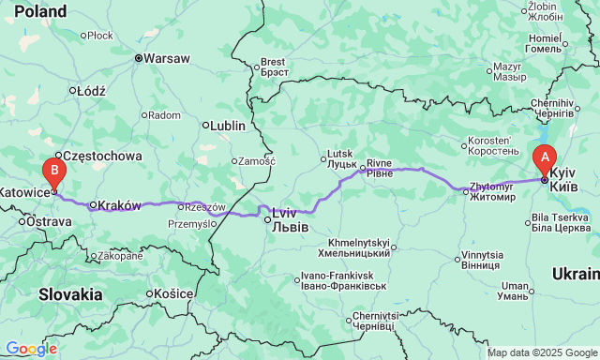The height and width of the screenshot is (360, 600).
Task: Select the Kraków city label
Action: click(x=119, y=204)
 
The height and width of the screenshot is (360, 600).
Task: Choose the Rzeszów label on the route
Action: click(x=205, y=206)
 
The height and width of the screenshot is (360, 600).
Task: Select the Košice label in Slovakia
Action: click(x=173, y=293)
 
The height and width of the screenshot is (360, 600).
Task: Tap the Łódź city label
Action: click(x=92, y=91)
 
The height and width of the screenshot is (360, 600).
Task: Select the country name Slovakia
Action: click(x=70, y=293)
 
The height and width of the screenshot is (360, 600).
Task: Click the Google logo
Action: click(x=30, y=349)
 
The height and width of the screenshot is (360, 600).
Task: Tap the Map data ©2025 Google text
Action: click(x=542, y=352)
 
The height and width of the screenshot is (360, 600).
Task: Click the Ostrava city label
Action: click(x=49, y=221)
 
